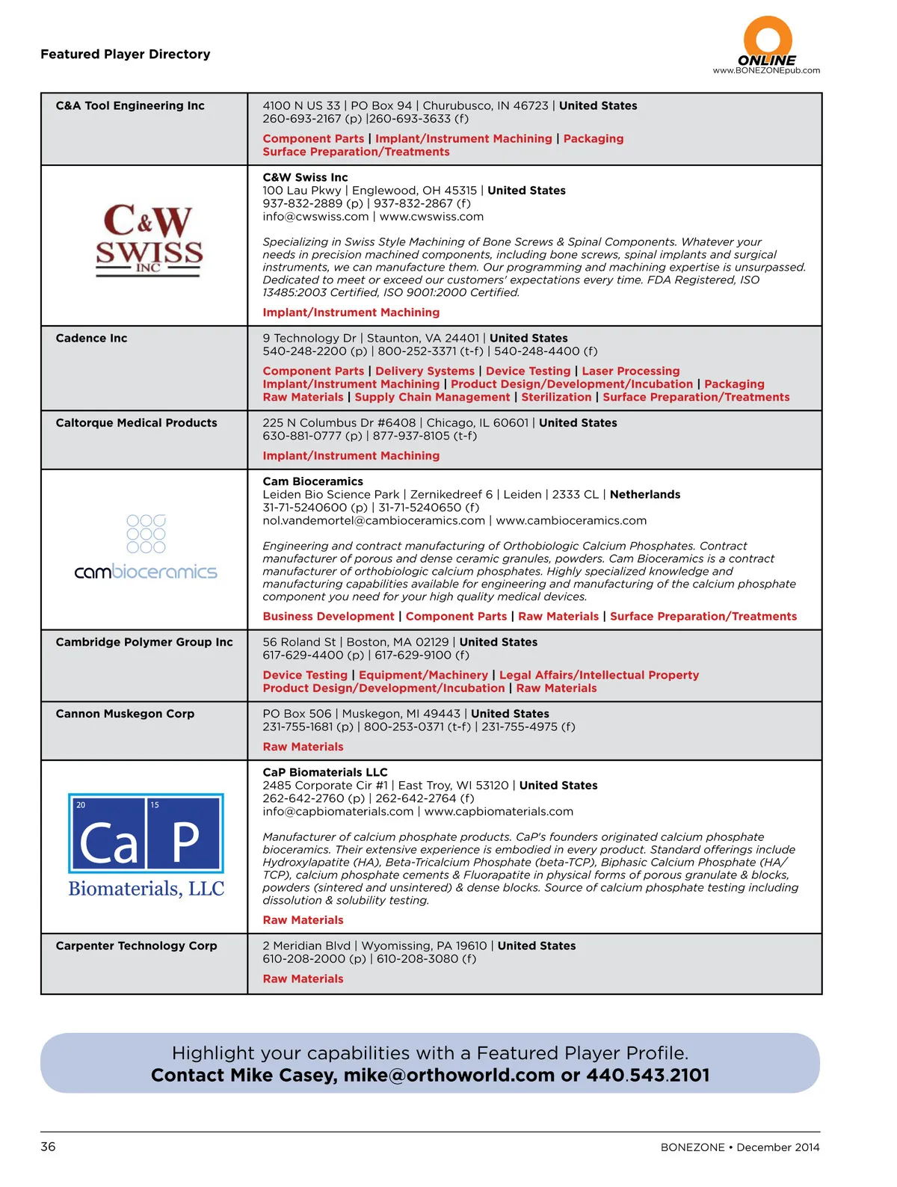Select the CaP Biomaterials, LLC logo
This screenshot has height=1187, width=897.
(x=147, y=845)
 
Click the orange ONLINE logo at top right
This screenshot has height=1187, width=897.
(x=767, y=46)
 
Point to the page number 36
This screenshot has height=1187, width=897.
(x=48, y=1147)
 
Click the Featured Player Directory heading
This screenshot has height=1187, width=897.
(x=126, y=55)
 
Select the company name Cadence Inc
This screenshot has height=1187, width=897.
(x=91, y=339)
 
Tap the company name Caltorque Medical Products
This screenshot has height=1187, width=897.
(x=136, y=423)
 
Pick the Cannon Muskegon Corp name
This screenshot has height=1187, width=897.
(x=125, y=714)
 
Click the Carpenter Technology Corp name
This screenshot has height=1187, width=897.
(x=136, y=946)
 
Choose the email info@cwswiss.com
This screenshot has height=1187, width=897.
(x=315, y=217)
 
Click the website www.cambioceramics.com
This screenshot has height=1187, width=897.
(x=571, y=521)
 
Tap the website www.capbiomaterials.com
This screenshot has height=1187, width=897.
(x=499, y=812)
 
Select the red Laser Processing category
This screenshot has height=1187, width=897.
(x=631, y=371)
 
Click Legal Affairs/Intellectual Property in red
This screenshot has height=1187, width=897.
(x=599, y=676)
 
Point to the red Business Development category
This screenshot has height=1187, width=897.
(x=328, y=617)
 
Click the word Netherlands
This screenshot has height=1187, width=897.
(x=645, y=495)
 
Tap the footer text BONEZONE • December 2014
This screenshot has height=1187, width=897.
(x=739, y=1147)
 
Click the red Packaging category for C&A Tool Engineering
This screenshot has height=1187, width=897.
(x=593, y=139)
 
